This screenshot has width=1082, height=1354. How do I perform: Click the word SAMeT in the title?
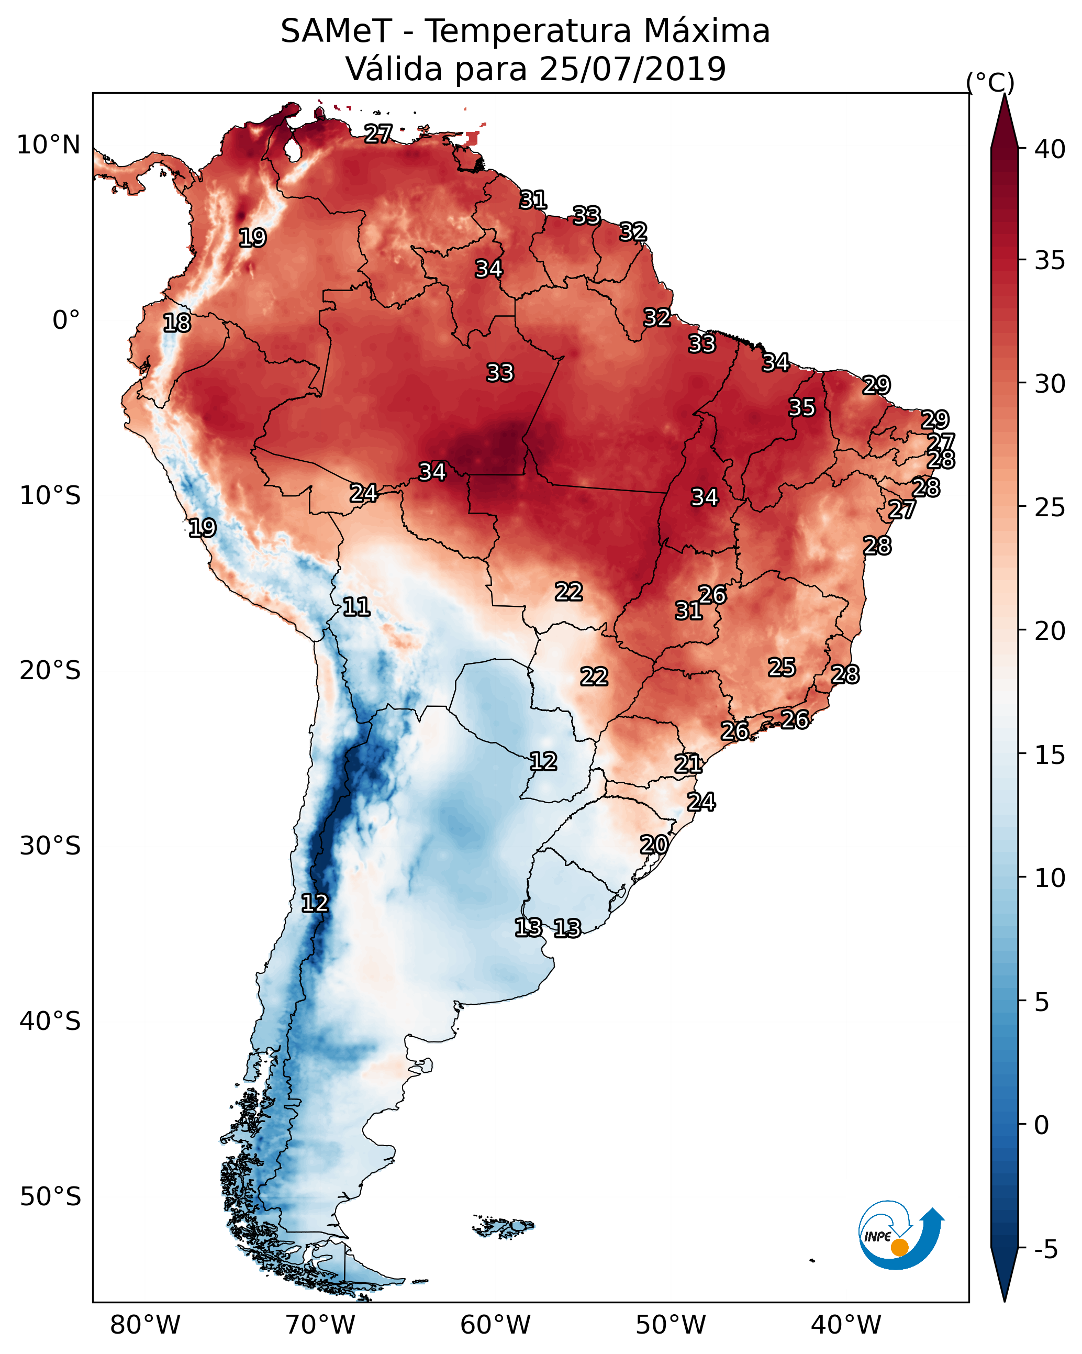336,31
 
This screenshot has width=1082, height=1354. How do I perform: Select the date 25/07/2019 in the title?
632,69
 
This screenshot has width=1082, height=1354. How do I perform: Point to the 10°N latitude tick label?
49,145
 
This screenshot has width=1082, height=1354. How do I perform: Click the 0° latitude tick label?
66,320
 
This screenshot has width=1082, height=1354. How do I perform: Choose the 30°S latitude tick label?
50,846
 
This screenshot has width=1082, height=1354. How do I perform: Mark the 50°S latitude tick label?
50,1196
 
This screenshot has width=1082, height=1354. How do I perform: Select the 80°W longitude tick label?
145,1325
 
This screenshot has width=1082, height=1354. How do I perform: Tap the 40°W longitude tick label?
846,1325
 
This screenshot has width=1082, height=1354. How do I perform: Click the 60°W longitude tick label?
496,1325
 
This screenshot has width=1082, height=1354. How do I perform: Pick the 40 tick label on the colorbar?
1050,149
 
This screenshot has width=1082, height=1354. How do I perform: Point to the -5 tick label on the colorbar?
1045,1249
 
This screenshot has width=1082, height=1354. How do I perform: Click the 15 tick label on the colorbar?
1050,755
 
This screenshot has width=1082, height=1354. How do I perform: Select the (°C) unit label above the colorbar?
990,82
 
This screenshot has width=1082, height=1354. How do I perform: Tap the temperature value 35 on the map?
802,407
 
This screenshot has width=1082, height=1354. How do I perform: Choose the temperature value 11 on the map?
356,607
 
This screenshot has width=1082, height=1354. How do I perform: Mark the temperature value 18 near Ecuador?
176,323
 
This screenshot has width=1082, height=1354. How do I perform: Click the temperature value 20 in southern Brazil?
654,845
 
